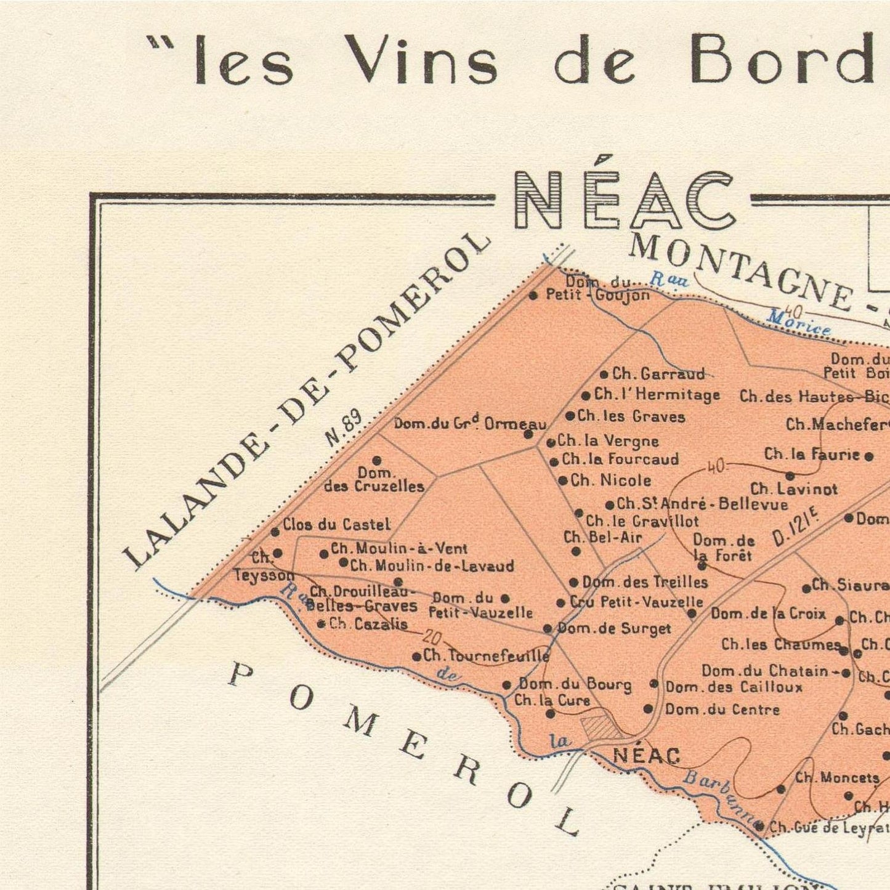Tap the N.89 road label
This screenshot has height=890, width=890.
coord(344,428)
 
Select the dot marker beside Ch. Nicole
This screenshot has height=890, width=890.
coord(563,480)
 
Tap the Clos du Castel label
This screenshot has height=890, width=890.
coord(336,525)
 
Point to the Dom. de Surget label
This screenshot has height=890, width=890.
coord(614,629)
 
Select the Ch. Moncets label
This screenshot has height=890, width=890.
coord(837,778)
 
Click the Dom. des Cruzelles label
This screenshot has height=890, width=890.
coord(374,480)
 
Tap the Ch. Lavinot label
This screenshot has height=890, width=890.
coord(794,489)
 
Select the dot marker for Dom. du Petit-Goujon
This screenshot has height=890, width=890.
coord(533,296)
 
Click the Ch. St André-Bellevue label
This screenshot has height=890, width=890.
coord(702,504)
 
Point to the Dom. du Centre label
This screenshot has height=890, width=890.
coord(722,710)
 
